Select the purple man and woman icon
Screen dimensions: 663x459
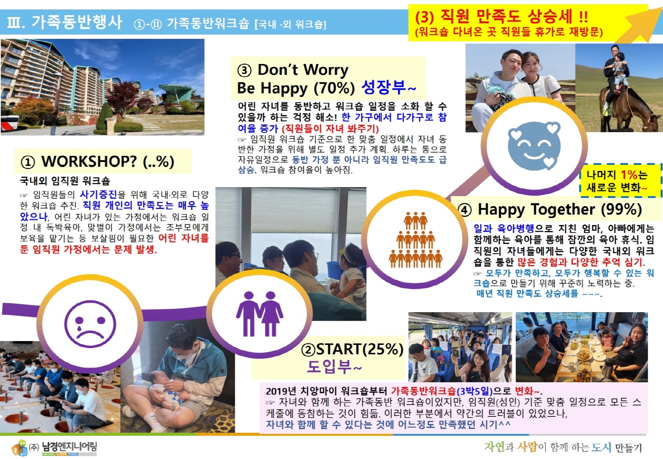[x=260, y=314]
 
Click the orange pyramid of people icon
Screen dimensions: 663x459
[x=416, y=240]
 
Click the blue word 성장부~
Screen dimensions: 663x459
[x=389, y=88]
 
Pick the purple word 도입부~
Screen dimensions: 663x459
[x=334, y=367]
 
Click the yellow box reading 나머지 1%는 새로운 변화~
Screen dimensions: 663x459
[x=621, y=180]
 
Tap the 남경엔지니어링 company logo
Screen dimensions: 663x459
[x=54, y=448]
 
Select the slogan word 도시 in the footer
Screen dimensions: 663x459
[x=601, y=447]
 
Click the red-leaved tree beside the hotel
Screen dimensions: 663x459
[x=123, y=95]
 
